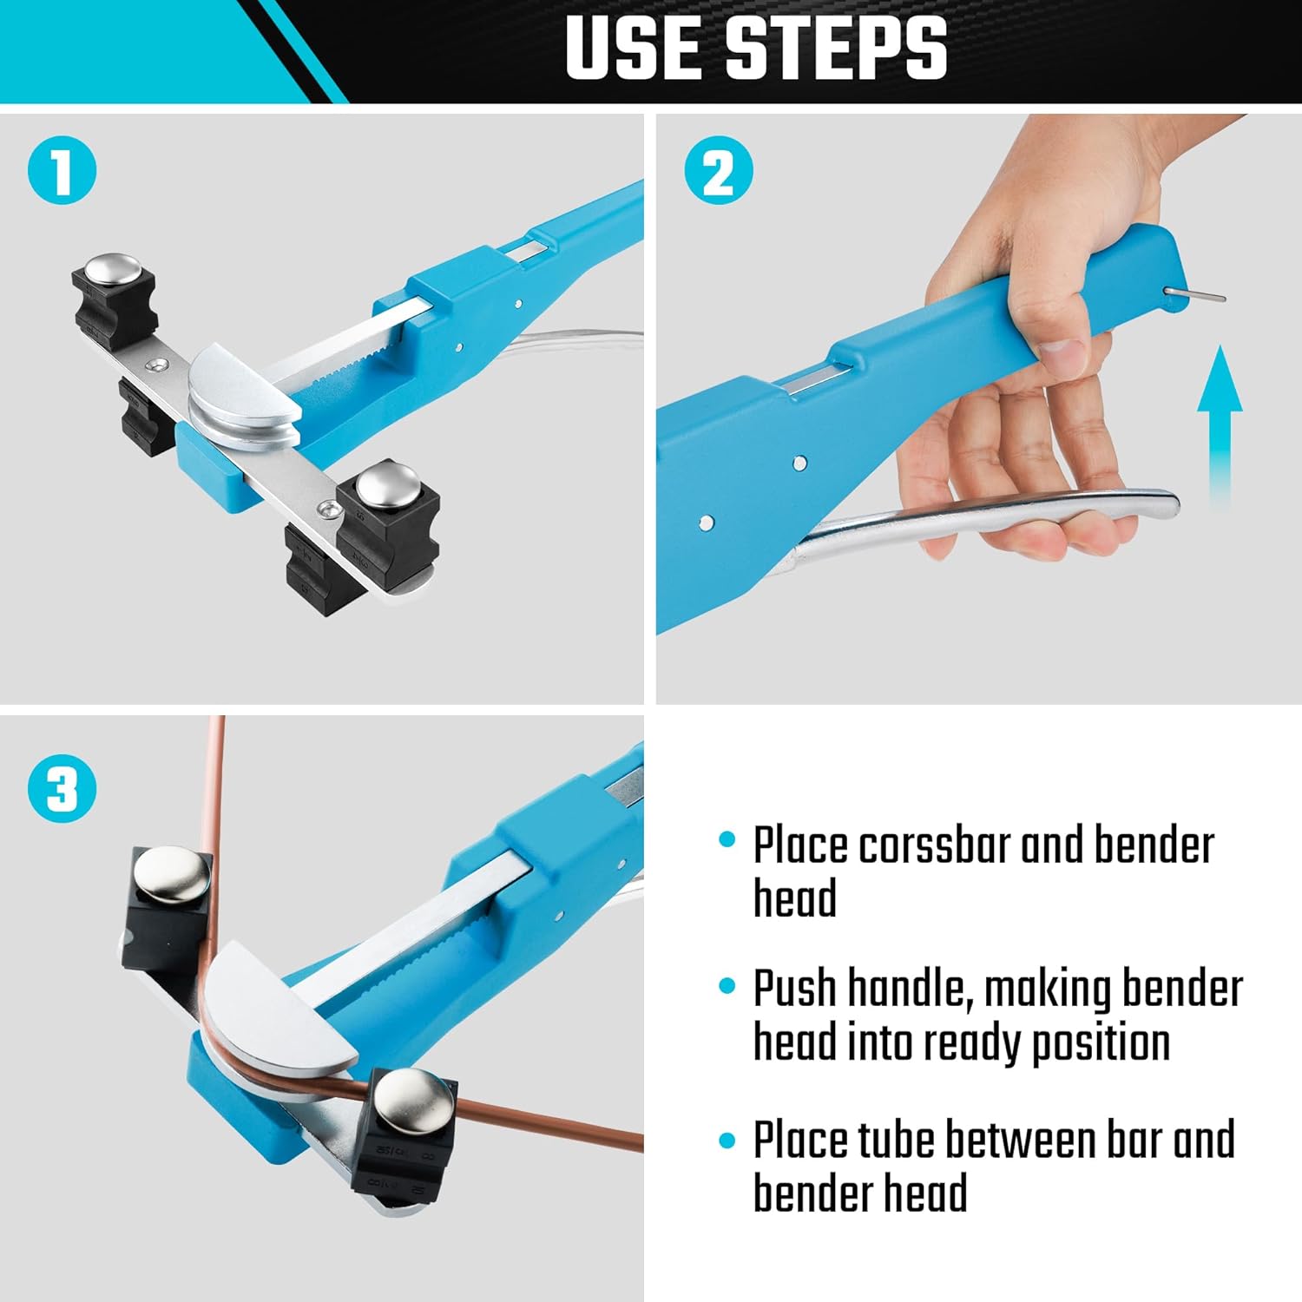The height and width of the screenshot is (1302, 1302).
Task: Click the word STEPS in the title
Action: click(x=835, y=49)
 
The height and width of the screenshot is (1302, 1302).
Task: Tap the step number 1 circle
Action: click(x=62, y=171)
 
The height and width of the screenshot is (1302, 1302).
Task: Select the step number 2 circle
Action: click(x=718, y=171)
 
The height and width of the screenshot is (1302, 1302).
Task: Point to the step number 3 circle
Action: click(x=62, y=788)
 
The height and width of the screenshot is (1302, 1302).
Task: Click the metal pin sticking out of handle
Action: click(x=1195, y=295)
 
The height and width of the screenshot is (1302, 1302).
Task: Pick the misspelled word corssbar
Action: click(x=932, y=845)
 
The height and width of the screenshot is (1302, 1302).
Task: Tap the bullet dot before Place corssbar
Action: click(x=727, y=840)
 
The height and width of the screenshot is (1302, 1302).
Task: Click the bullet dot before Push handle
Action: click(x=727, y=986)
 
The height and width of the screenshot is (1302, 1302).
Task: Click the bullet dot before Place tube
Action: click(x=727, y=1140)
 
